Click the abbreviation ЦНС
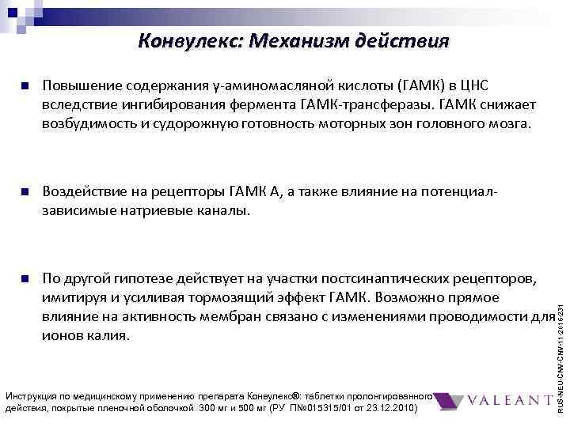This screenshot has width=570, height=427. (x=484, y=86)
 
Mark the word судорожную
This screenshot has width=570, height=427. (x=188, y=124)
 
